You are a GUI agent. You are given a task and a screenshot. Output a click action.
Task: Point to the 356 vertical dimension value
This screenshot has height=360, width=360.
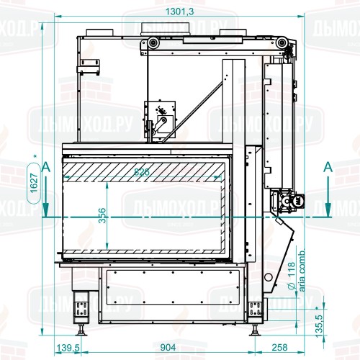[x=102, y=216]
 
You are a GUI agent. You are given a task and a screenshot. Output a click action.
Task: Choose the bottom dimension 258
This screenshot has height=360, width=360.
[x=282, y=347]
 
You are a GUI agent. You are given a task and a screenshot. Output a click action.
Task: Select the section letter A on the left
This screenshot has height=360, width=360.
[x=46, y=166]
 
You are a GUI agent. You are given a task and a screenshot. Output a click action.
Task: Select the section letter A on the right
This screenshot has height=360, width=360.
[x=328, y=166]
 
